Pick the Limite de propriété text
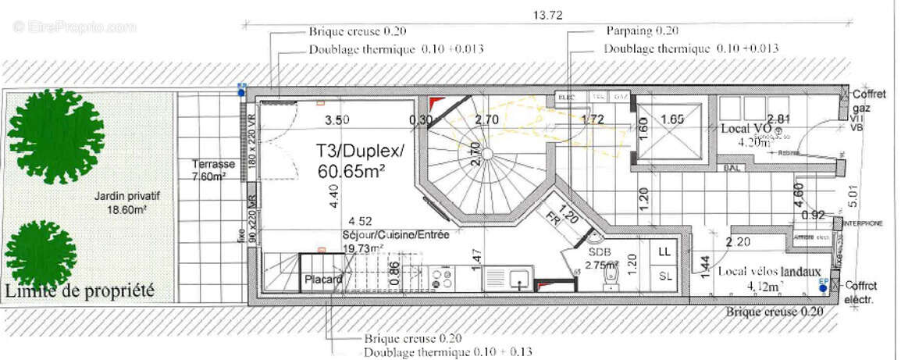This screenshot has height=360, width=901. [80, 291]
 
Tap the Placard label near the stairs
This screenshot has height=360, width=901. [323, 280]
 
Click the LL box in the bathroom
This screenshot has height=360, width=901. [664, 252]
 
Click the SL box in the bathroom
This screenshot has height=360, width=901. [664, 276]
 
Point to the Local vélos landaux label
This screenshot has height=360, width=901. [769, 272]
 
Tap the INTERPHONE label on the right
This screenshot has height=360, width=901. [864, 223]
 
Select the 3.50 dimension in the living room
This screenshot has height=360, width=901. [337, 119]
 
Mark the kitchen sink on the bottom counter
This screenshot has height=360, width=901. [517, 277]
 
